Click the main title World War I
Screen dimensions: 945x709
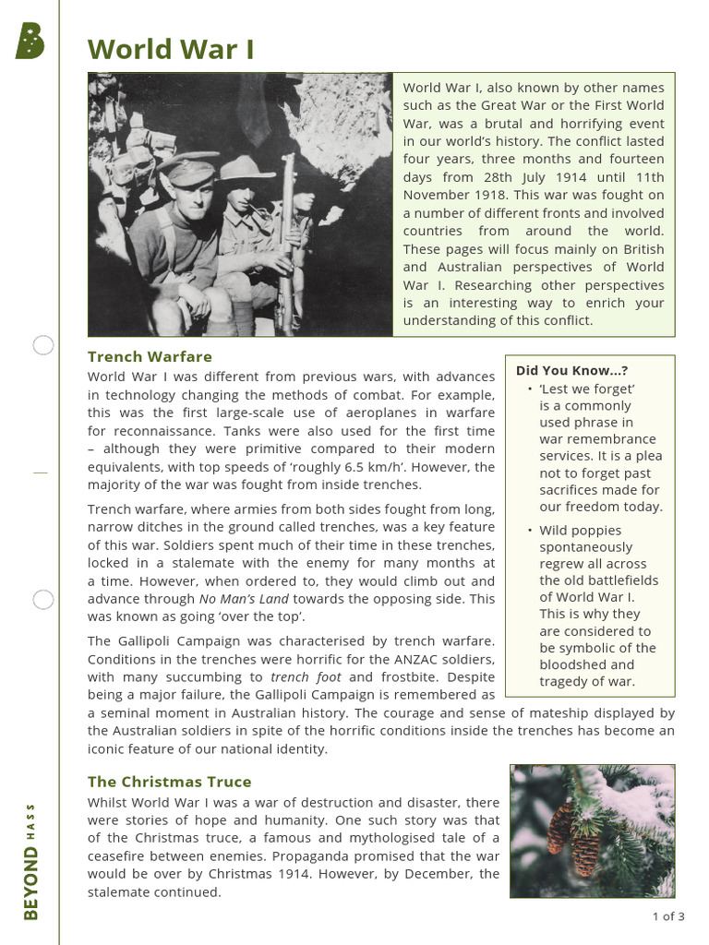[x=171, y=49]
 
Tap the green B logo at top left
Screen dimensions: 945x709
[x=30, y=42]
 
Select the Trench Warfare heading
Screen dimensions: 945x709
[x=150, y=356]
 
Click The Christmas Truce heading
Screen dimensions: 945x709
[x=169, y=782]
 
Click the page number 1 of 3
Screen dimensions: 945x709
[x=668, y=916]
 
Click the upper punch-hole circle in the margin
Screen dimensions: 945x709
[x=43, y=346]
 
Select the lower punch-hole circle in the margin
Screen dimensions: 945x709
[x=43, y=600]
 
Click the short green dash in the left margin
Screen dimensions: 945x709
[x=40, y=472]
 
